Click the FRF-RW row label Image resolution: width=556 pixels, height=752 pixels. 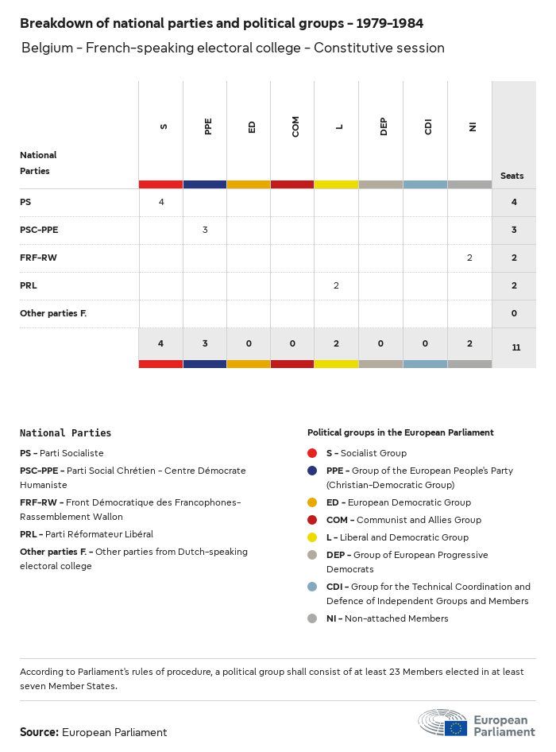(x=38, y=258)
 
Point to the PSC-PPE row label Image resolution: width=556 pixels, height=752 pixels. (x=39, y=230)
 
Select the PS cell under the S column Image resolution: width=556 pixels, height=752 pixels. (x=161, y=202)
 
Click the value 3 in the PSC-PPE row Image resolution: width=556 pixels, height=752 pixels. (x=205, y=230)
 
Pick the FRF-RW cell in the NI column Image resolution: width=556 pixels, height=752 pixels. (x=469, y=258)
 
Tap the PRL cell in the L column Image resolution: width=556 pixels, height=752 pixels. (x=336, y=285)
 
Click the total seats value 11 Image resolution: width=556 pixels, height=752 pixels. (x=515, y=347)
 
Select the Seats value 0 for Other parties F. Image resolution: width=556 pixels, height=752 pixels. (x=514, y=313)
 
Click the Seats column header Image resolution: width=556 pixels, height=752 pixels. (x=512, y=176)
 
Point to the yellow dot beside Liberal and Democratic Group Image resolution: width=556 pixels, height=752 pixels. (x=312, y=537)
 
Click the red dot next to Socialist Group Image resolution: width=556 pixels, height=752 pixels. (x=312, y=453)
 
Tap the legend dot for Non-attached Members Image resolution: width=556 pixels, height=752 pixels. (x=312, y=618)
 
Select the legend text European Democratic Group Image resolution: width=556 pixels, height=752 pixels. (x=398, y=502)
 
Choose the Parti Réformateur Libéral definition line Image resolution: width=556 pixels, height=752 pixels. (x=87, y=534)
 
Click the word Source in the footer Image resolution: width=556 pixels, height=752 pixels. (x=39, y=732)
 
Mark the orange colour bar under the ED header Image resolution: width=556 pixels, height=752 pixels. (x=249, y=184)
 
